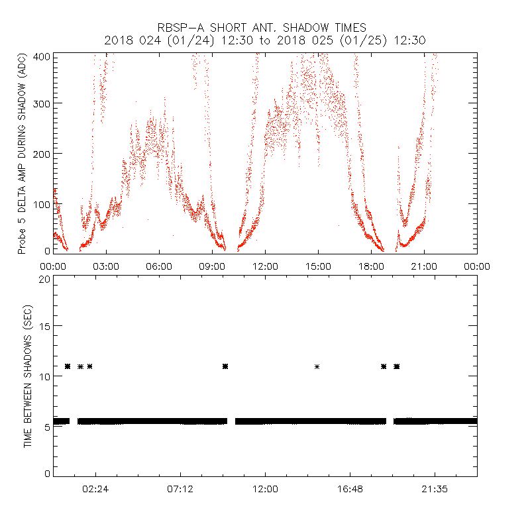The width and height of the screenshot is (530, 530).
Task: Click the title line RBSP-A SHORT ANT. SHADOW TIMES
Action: coord(262,28)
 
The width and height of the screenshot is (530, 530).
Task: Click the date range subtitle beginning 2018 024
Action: coord(265,40)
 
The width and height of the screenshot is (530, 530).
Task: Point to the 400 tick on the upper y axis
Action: coord(43,56)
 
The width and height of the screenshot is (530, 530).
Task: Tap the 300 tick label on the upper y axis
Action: coord(43,103)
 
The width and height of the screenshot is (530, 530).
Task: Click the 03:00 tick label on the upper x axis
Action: coord(106,266)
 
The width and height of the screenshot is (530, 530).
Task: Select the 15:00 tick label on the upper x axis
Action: coord(318,266)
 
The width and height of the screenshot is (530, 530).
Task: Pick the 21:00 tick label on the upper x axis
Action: coord(424,266)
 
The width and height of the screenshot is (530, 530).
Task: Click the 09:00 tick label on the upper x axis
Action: coord(212,266)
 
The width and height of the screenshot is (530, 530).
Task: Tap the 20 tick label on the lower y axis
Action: coord(45,279)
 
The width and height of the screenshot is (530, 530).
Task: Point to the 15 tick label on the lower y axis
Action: coord(45,326)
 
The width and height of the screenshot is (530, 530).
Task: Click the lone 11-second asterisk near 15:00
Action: coord(317,366)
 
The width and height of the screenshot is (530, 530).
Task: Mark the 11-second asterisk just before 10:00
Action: coord(226,366)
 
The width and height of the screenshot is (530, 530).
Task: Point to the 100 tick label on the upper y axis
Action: coord(43,203)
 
